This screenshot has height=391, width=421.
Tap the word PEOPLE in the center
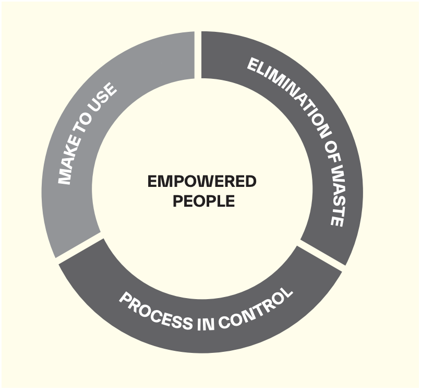pyautogui.click(x=204, y=201)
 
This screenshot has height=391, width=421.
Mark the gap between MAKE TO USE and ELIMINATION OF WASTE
pyautogui.click(x=198, y=55)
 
